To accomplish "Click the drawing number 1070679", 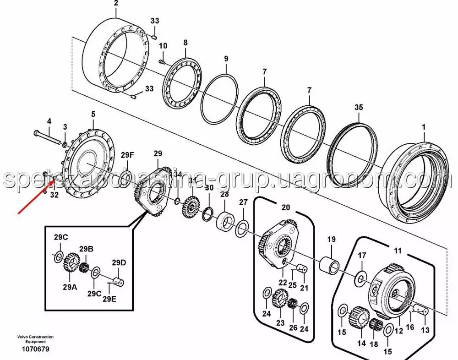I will click(35, 349).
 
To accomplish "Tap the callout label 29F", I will click(128, 155).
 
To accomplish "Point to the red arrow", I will click(37, 196).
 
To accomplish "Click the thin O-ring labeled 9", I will click(220, 99).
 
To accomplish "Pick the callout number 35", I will click(359, 108).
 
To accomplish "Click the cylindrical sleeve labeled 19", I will click(331, 265).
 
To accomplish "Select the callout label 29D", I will click(119, 262).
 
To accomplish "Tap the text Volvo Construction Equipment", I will click(35, 339).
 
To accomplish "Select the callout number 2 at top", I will click(116, 3).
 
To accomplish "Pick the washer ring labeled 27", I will click(242, 228).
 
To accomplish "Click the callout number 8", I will click(185, 43).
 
